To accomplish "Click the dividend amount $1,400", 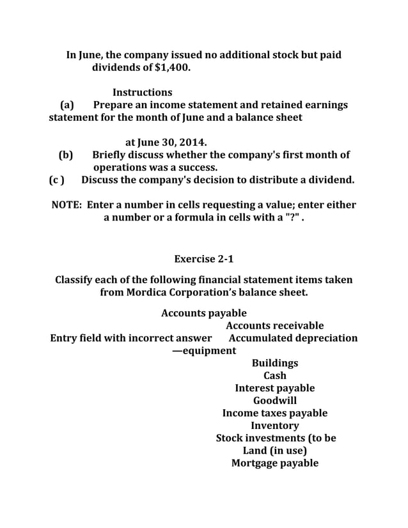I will pyautogui.click(x=172, y=66).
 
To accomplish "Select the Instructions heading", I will pyautogui.click(x=142, y=92).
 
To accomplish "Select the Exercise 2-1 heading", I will pyautogui.click(x=203, y=259).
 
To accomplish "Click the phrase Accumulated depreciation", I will pyautogui.click(x=293, y=338).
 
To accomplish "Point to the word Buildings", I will pyautogui.click(x=274, y=363).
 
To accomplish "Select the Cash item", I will pyautogui.click(x=274, y=375).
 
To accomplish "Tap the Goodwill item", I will pyautogui.click(x=274, y=401).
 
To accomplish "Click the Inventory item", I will pyautogui.click(x=274, y=426).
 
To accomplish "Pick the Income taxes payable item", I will pyautogui.click(x=274, y=413).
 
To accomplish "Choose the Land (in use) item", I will pyautogui.click(x=274, y=451).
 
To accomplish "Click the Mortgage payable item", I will pyautogui.click(x=274, y=463).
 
